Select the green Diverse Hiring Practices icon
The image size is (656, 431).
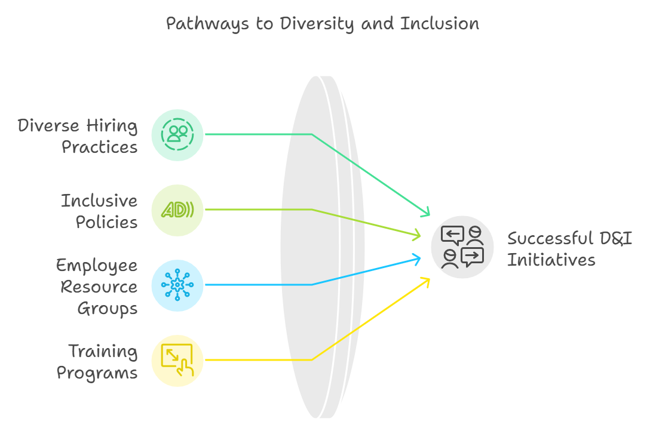(x=177, y=134)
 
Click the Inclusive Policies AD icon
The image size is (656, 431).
(x=177, y=210)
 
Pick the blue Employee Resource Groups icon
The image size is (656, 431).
(x=177, y=285)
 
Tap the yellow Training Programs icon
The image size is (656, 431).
(x=177, y=360)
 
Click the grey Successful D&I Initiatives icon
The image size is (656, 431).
(x=462, y=247)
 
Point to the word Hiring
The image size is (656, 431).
(x=112, y=126)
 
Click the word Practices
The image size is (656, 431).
(x=100, y=147)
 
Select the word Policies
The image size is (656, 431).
(x=106, y=223)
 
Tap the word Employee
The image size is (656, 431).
(x=97, y=265)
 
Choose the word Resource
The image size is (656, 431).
(x=99, y=287)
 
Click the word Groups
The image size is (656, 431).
(x=108, y=309)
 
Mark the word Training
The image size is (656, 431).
(x=103, y=351)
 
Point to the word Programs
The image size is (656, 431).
(x=97, y=373)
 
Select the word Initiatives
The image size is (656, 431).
(x=551, y=260)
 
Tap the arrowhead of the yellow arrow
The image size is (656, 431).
(x=426, y=280)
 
